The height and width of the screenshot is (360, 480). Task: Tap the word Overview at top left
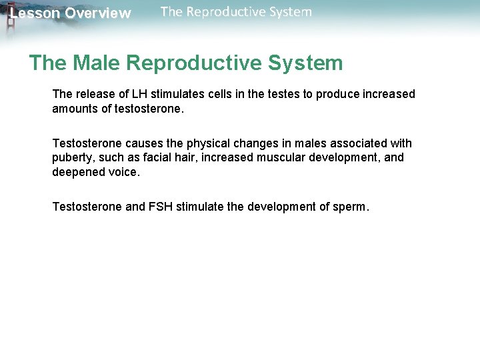(x=98, y=13)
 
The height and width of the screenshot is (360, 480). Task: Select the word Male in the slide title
(x=97, y=63)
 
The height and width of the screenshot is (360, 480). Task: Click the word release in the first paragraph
(x=93, y=94)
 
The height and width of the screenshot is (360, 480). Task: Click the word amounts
(x=75, y=109)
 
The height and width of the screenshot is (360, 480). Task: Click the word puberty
(x=73, y=158)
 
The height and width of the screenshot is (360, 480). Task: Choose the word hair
(x=179, y=158)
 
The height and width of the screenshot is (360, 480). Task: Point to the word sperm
(x=352, y=207)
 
